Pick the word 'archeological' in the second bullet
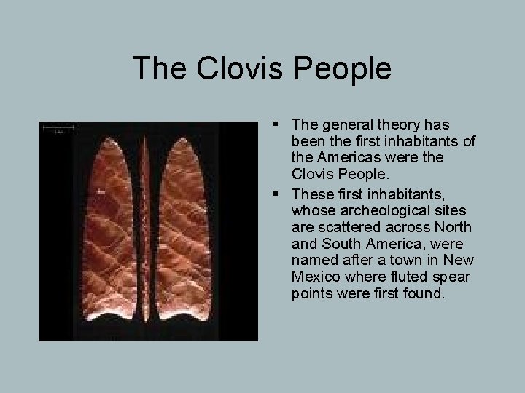[x=368, y=209]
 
